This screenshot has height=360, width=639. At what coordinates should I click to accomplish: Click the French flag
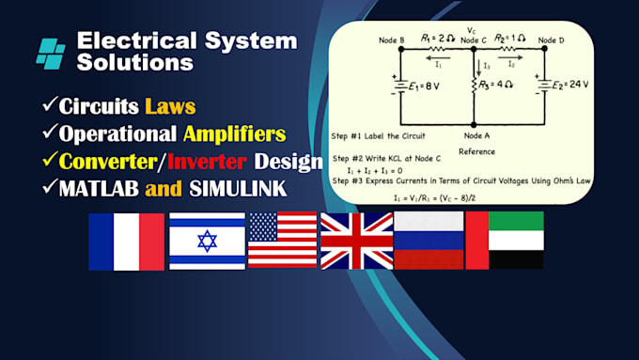click(126, 242)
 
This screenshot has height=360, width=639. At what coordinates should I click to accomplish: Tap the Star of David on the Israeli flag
click(207, 242)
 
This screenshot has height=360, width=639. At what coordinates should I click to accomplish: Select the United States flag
click(282, 242)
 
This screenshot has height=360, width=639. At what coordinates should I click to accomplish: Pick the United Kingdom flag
click(356, 242)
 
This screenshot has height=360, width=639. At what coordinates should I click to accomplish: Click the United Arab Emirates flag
click(504, 242)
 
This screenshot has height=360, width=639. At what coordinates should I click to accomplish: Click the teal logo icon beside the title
click(51, 51)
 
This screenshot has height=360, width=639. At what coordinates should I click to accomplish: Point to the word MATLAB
click(93, 188)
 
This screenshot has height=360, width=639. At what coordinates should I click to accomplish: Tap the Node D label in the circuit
click(553, 39)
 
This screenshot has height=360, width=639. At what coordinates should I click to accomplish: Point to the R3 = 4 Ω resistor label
click(495, 85)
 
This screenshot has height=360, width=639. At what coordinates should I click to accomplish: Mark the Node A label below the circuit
click(478, 135)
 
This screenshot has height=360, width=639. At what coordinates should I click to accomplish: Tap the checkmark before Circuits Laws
click(48, 103)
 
